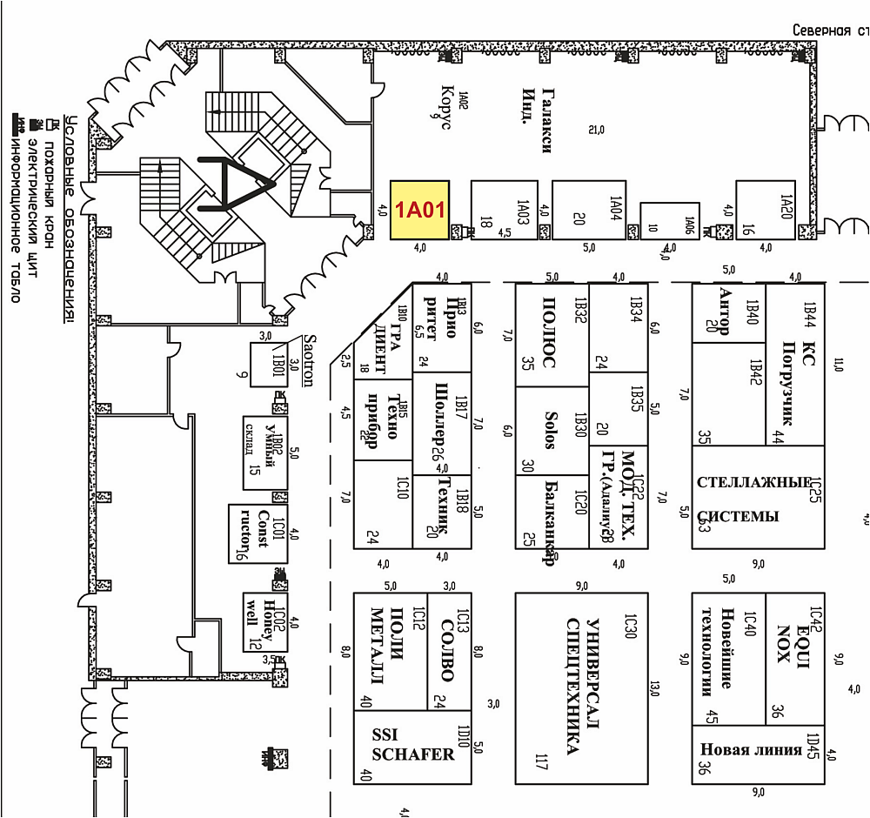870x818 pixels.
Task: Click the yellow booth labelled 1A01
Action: [x=420, y=209]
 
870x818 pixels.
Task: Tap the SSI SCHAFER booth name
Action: [x=412, y=745]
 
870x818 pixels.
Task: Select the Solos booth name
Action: [x=549, y=430]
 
